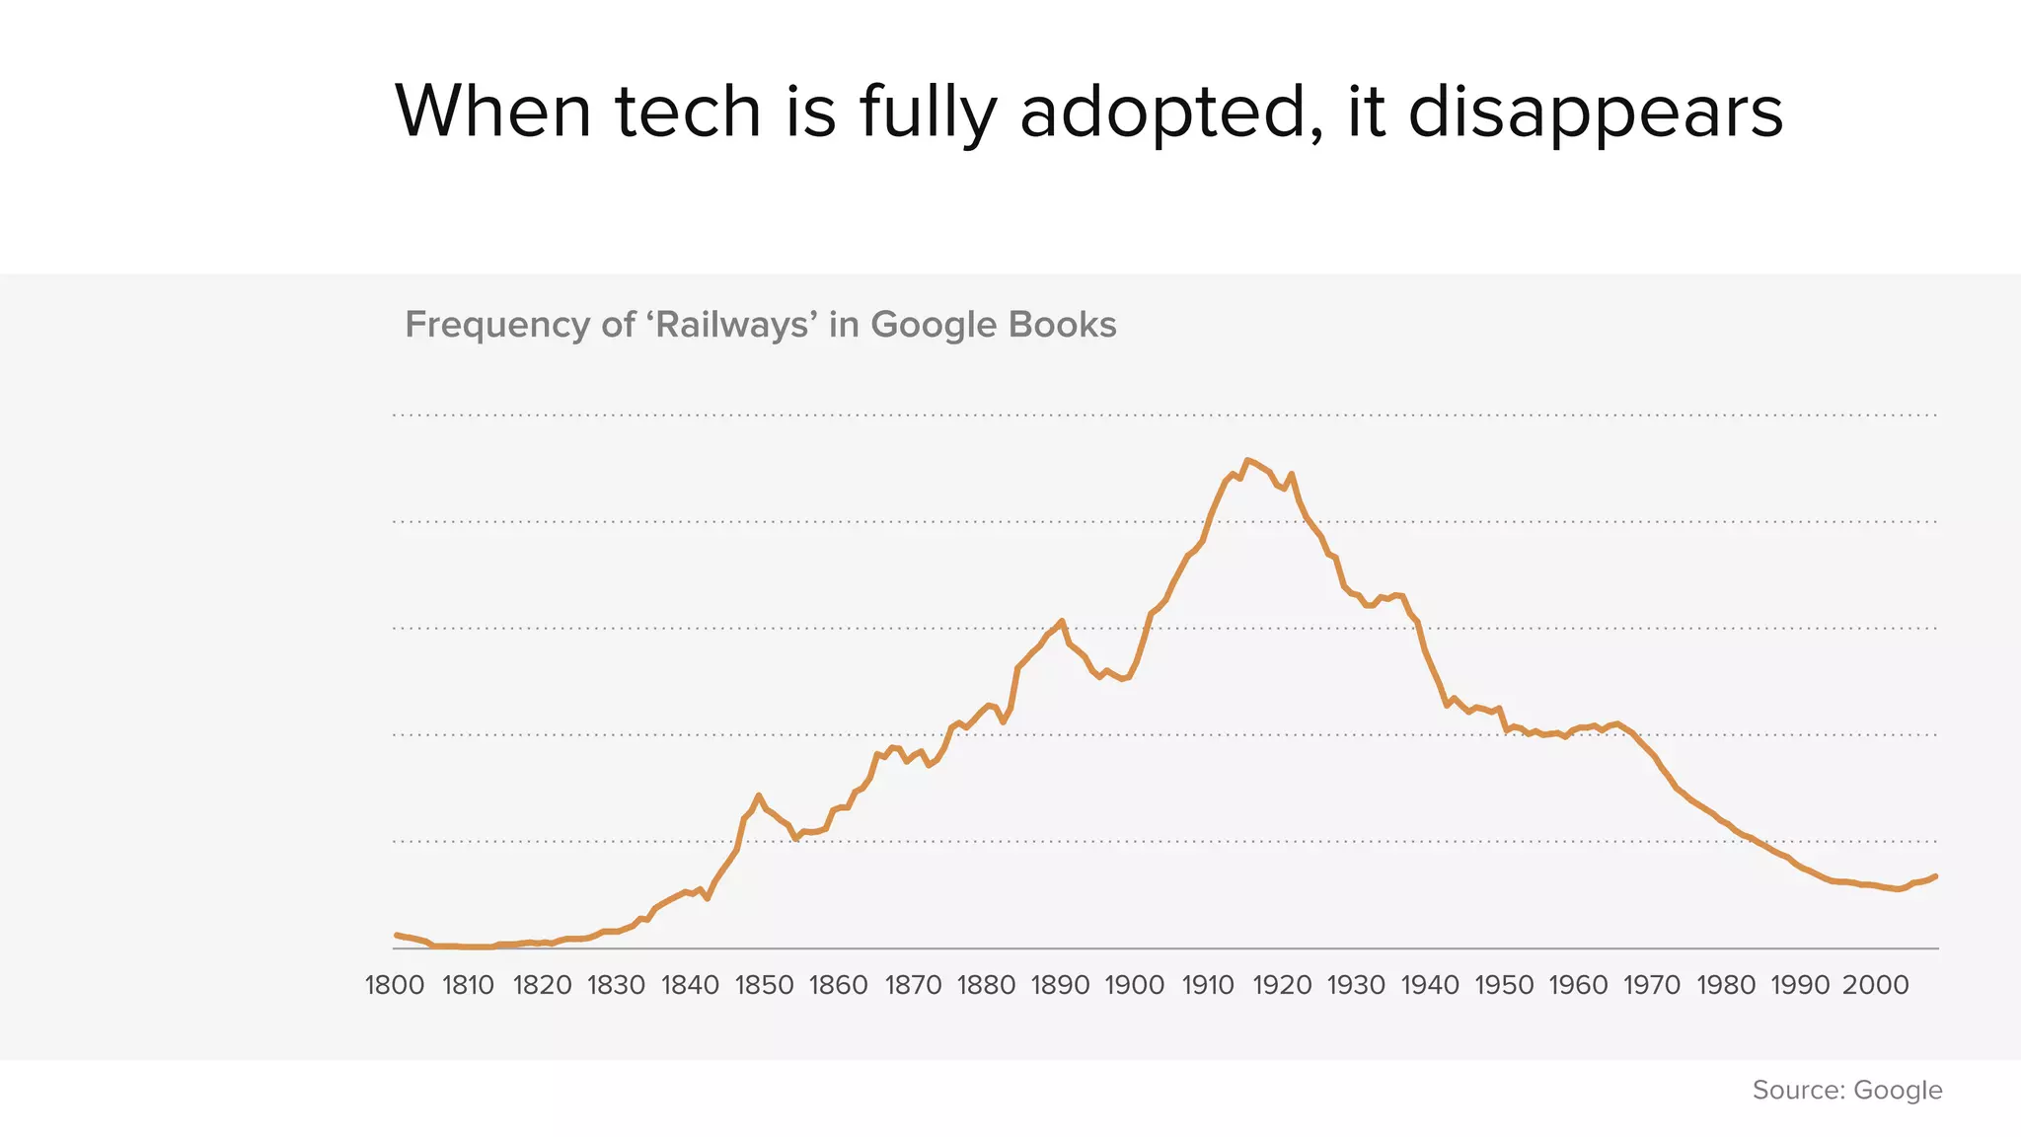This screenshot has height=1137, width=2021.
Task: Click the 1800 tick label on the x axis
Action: [395, 985]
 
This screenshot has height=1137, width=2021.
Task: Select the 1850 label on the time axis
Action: [765, 985]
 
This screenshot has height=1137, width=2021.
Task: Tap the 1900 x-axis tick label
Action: [1135, 985]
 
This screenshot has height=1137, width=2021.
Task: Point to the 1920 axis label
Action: [1283, 985]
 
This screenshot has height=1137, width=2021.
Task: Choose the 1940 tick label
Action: [1431, 985]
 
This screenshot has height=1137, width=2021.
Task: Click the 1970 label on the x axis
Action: [1653, 985]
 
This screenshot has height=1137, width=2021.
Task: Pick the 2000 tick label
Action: [1876, 985]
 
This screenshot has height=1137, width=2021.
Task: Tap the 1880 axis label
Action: [987, 985]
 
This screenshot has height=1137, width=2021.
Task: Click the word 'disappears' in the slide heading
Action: [1596, 112]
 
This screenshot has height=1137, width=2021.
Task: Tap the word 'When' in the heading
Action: [493, 112]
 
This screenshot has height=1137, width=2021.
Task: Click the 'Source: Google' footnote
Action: [1847, 1090]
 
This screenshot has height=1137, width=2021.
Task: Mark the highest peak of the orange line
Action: [1247, 460]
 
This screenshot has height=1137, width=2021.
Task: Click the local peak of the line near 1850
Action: [758, 795]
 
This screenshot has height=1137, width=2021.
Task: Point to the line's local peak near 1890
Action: [1062, 621]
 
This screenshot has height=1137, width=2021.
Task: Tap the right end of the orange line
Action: [1936, 875]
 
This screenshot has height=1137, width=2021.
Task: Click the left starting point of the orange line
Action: [396, 935]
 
